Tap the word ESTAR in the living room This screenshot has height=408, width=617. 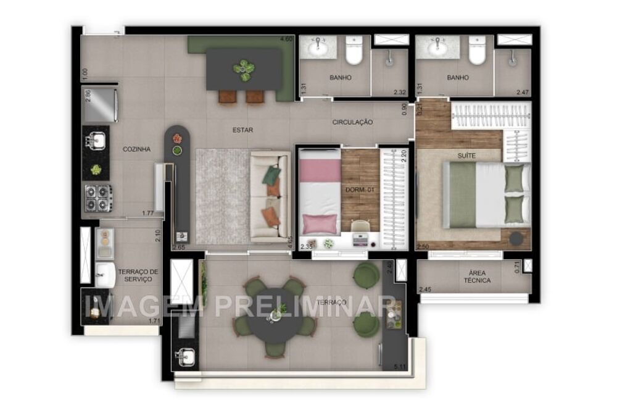(x=243, y=130)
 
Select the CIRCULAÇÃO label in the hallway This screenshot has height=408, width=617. (x=352, y=122)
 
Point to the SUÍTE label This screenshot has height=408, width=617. (x=466, y=156)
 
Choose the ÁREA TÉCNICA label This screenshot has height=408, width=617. (x=478, y=276)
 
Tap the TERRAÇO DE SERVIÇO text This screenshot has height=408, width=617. (x=138, y=275)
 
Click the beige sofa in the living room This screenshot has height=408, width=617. (x=270, y=198)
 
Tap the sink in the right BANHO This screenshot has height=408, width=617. (x=439, y=47)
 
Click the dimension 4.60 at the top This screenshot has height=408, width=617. (x=286, y=40)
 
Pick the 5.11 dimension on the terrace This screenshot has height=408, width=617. (x=399, y=367)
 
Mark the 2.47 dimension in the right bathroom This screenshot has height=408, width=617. (x=523, y=92)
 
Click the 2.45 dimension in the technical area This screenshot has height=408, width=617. (x=425, y=289)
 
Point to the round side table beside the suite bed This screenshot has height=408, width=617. (x=518, y=238)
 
